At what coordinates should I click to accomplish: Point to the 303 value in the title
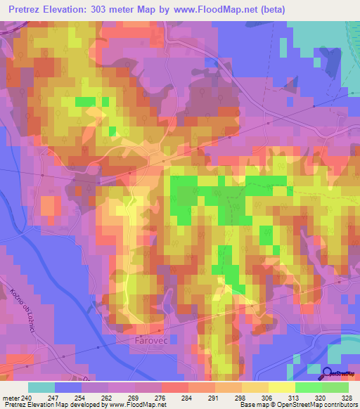coord(113,10)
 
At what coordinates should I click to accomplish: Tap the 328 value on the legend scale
coord(347,397)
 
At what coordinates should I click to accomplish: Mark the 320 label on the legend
coord(320,397)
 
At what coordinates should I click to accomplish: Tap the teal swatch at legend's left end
coord(41,387)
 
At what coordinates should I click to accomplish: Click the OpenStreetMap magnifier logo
coord(328,374)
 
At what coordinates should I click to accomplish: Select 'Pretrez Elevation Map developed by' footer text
coord(52,405)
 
